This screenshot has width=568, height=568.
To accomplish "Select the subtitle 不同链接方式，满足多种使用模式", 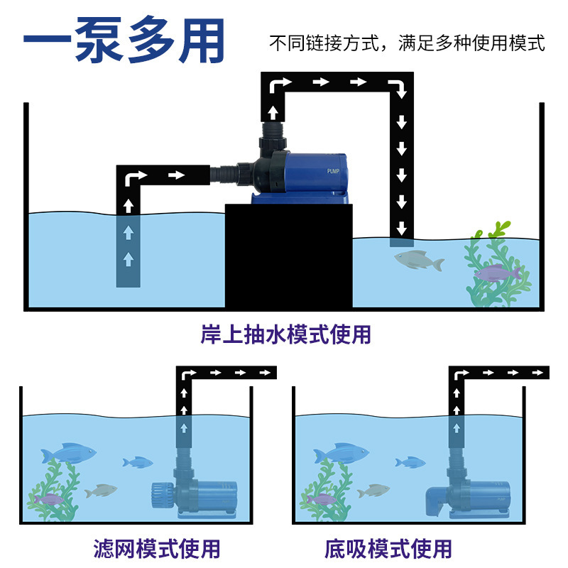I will click(407, 43).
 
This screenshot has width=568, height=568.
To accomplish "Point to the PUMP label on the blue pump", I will click(334, 171).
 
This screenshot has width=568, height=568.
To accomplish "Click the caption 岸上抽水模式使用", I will click(285, 334).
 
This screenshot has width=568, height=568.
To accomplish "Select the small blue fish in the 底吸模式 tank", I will click(410, 462).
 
